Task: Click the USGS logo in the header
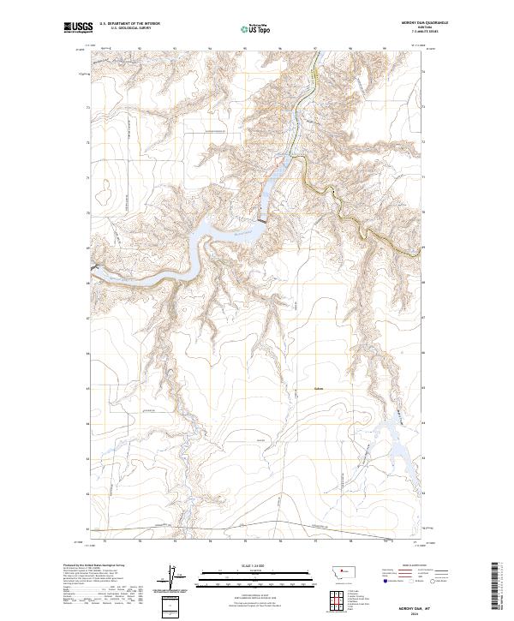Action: click(x=78, y=28)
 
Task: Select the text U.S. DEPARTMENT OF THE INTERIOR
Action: click(x=130, y=25)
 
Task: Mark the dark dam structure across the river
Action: click(x=261, y=221)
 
